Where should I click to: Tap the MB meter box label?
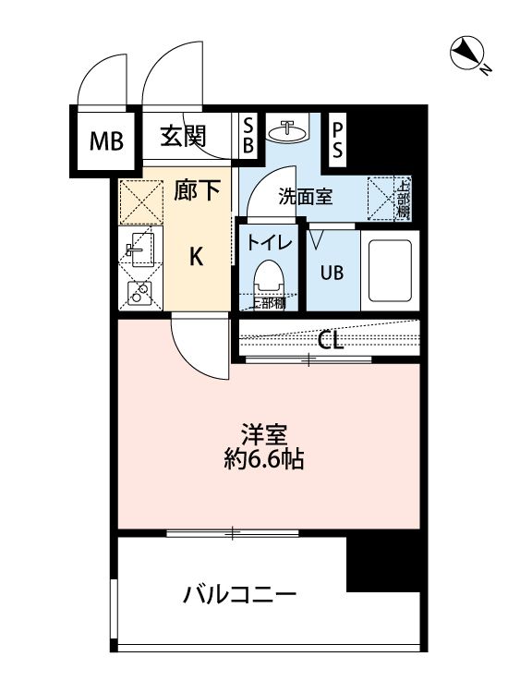coord(104,141)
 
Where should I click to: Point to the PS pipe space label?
coord(338,140)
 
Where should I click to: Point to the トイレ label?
coord(269,243)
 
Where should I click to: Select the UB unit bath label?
coord(332,272)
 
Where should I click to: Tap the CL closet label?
coord(331,340)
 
